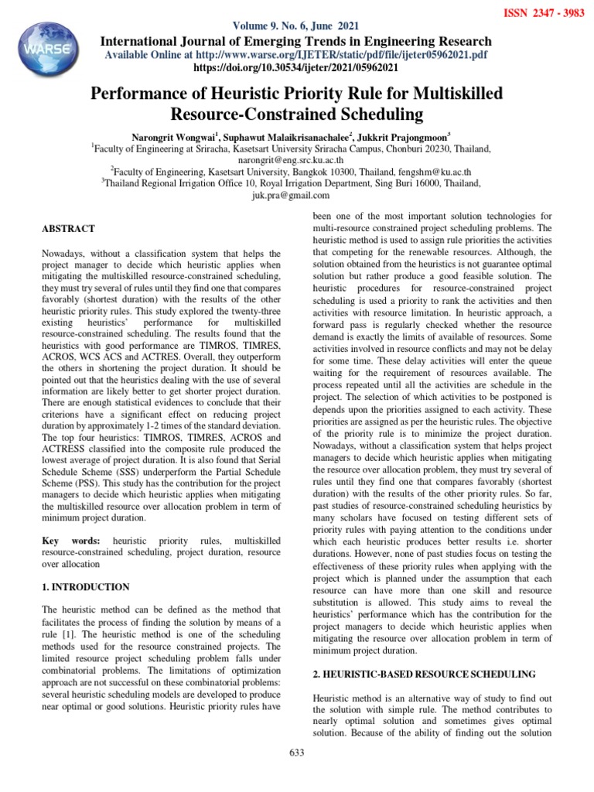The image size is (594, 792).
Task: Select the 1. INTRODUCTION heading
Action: (x=86, y=587)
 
